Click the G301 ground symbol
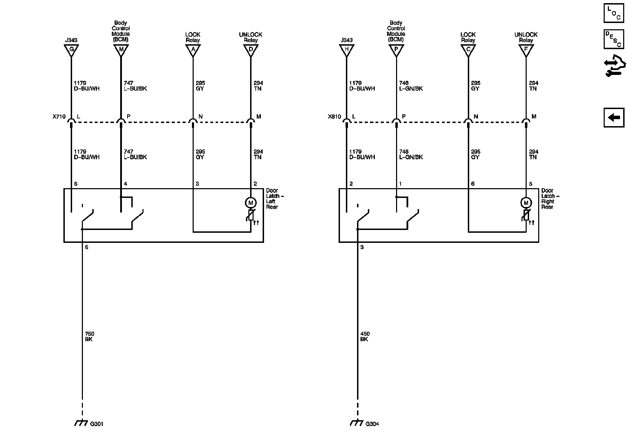coord(81,423)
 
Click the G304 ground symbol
coord(356,423)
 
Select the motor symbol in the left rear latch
coord(250,202)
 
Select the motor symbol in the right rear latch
coord(526,202)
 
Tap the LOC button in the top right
coord(613,13)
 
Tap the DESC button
coord(613,39)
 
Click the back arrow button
coord(614,117)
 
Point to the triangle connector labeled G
coord(71,50)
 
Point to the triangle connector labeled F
coord(526,50)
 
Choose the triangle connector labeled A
coord(193,50)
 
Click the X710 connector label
coord(59,117)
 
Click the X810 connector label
coord(334,117)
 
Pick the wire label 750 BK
coord(89,337)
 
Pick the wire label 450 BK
coord(365,337)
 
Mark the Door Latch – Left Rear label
coord(274,199)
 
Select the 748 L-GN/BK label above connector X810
coord(411,86)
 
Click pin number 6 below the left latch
coord(87,247)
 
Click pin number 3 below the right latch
coord(362,247)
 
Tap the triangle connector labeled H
coord(347,50)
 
